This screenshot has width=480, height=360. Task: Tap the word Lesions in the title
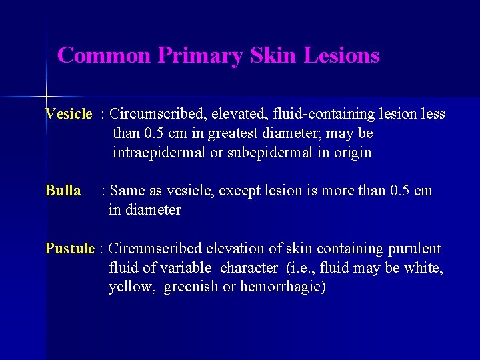pos(341,55)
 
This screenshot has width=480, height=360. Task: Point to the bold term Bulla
pos(63,191)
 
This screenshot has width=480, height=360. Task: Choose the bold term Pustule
pos(70,249)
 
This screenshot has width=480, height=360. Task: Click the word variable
pos(181,268)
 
